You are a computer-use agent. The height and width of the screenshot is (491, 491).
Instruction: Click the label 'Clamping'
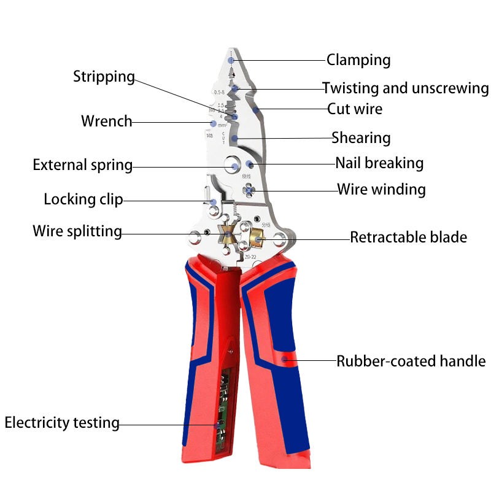coord(358,60)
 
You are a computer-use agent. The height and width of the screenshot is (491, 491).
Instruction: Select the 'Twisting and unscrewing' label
coord(406,88)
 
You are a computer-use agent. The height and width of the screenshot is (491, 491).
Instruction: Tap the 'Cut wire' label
coord(354,109)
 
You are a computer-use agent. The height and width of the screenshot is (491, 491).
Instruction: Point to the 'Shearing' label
coord(361,137)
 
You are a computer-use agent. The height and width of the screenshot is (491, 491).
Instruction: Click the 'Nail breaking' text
coord(379,163)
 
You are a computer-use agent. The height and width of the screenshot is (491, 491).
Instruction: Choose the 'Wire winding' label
coord(381,189)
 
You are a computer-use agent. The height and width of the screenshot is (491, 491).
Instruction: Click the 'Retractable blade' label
coord(408,237)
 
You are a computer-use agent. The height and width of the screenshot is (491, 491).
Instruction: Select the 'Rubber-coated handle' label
coord(411,361)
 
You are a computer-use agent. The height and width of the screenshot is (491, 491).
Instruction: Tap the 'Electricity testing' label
coord(61,423)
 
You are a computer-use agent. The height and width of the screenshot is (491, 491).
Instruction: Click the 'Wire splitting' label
coord(77,231)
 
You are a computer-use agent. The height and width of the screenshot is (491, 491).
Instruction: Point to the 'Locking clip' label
coord(83,199)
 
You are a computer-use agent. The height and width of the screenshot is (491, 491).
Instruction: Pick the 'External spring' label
coord(82,165)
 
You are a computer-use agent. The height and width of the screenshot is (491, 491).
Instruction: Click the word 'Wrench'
coord(106,121)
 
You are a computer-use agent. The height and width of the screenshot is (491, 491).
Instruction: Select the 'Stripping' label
coord(104,77)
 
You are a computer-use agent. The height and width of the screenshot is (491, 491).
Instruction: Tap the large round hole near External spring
coord(233,164)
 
